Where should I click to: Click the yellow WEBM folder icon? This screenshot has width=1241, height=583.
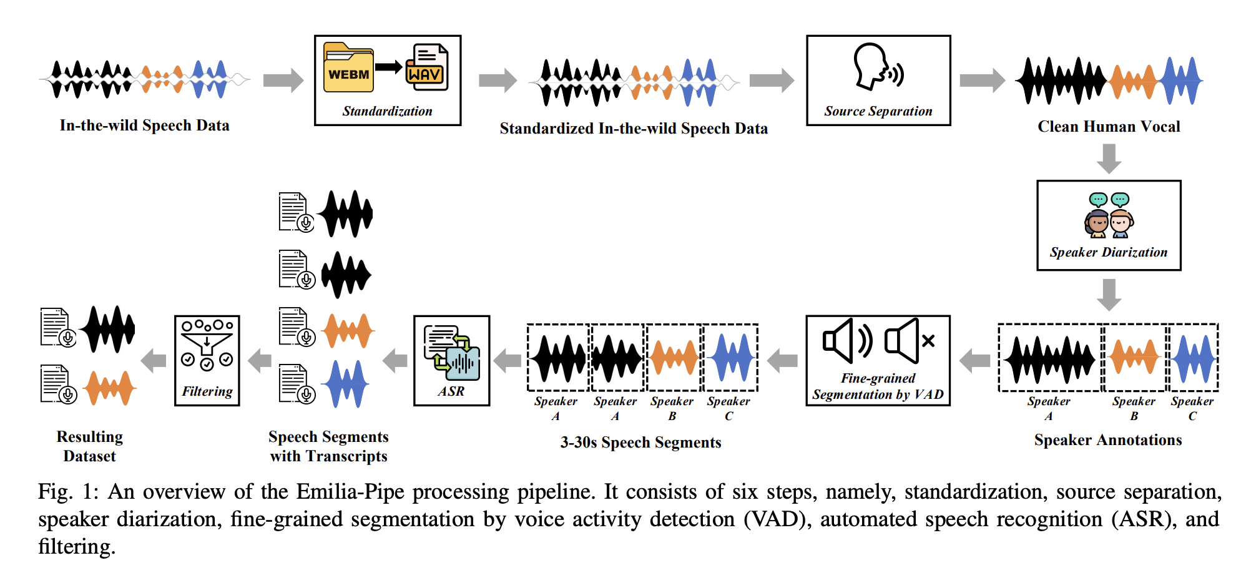348,68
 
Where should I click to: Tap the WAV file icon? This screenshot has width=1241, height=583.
427,67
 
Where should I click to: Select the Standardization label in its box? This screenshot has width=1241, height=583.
387,111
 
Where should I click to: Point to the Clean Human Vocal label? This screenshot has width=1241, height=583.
1109,127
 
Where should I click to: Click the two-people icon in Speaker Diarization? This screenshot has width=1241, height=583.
1109,216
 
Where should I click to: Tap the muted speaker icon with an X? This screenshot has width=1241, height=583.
909,341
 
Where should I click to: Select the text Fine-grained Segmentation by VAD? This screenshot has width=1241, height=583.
878,386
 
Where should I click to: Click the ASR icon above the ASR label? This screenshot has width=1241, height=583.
451,353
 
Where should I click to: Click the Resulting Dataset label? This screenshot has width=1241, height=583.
89,446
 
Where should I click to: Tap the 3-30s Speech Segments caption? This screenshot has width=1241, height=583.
640,443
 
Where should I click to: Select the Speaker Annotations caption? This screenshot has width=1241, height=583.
1108,440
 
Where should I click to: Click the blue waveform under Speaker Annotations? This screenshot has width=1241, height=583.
1193,358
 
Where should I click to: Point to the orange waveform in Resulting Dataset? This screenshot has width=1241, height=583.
110,388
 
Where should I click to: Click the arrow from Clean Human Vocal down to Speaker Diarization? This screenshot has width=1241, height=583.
1109,159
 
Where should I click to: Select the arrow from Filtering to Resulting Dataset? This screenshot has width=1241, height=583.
154,360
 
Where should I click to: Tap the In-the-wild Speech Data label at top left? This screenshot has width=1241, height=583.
144,125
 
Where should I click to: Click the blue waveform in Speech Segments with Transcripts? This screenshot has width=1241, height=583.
345,384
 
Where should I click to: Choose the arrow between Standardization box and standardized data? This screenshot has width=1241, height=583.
498,80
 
